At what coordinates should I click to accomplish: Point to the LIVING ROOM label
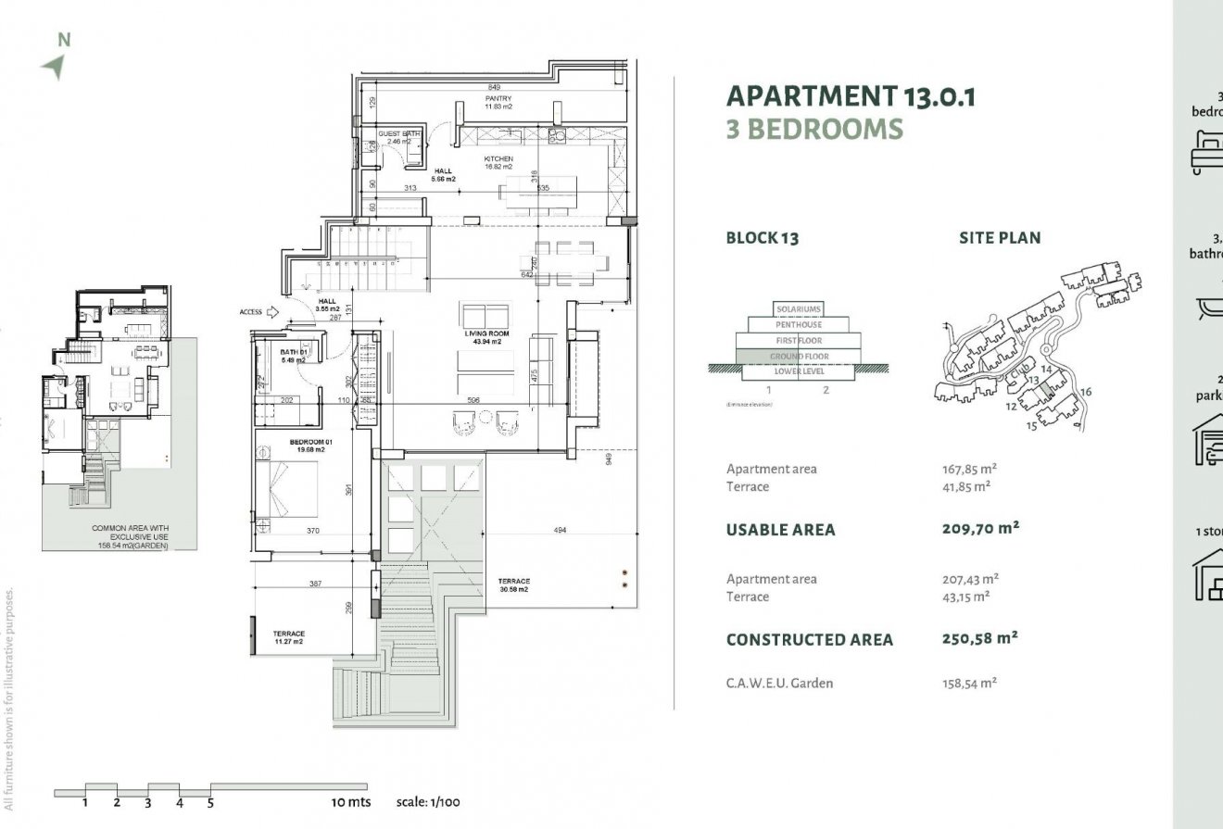click(x=484, y=337)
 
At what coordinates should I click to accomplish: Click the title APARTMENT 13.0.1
click(x=851, y=96)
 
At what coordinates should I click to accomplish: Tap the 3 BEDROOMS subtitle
click(x=813, y=129)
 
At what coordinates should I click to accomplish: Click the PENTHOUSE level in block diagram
click(x=798, y=325)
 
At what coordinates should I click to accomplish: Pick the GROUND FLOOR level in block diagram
click(x=798, y=356)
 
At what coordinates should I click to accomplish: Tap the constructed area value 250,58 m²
click(x=980, y=638)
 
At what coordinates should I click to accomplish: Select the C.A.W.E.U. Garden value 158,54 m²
click(x=969, y=684)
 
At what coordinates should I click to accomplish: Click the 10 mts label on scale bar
click(x=350, y=802)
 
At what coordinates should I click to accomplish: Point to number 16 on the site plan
click(x=1086, y=392)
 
